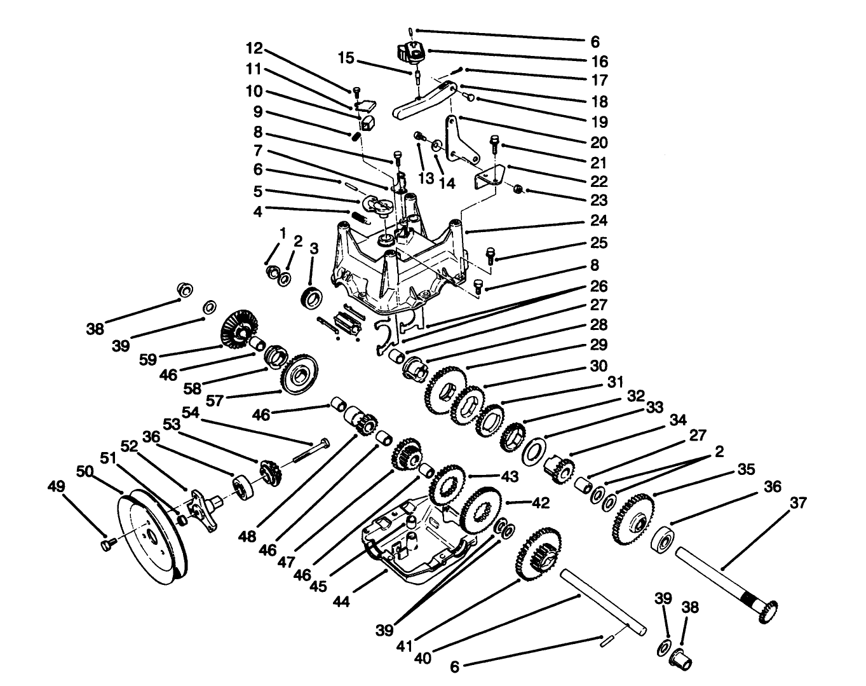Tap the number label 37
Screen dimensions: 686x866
point(798,504)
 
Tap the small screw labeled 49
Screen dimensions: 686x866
point(107,544)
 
